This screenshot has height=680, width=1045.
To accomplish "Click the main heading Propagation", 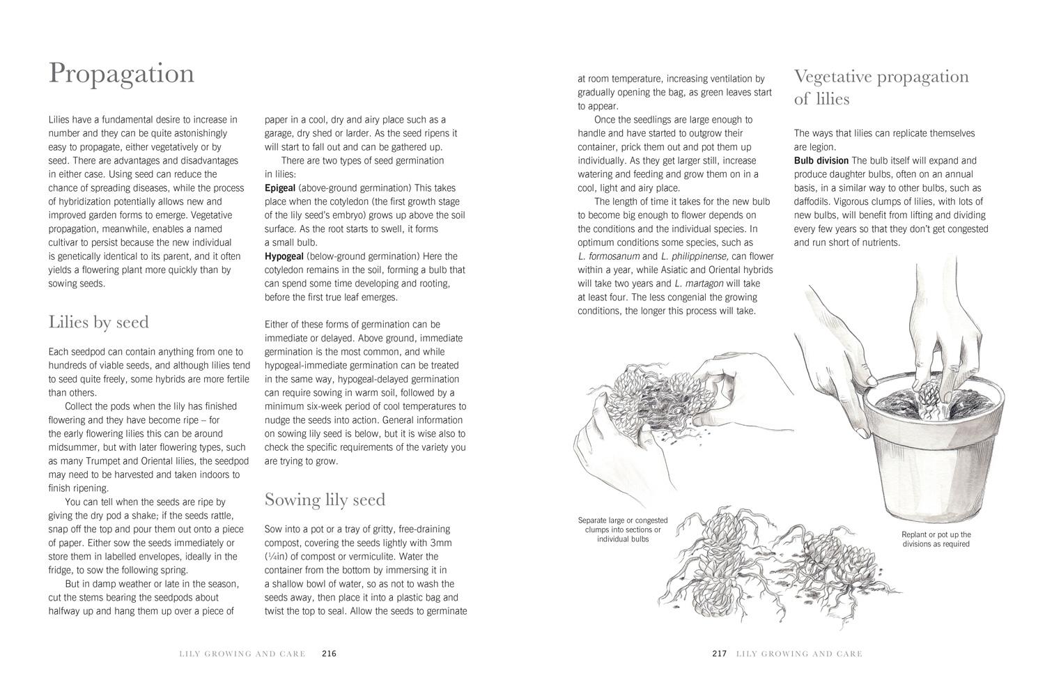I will pos(121,74).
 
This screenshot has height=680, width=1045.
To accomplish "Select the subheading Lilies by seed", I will pos(98,323).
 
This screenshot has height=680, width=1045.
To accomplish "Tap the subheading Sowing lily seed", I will pos(325,500).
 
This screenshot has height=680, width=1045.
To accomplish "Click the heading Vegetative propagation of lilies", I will pos(881,87).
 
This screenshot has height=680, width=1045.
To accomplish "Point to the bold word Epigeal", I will pos(280,188).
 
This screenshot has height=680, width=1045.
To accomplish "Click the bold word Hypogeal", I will pos(284,256).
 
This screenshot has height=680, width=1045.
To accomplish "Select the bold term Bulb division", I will pos(821,161).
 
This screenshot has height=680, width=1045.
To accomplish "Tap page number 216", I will pos(329,654).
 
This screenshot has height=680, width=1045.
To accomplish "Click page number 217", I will pos(719,654).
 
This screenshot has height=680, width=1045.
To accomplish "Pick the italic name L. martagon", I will pos(699,284).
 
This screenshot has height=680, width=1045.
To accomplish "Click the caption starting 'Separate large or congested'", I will pos(623,530).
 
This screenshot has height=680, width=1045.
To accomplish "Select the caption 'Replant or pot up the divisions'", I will pos(936,539).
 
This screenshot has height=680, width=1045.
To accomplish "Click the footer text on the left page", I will pos(242,654).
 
